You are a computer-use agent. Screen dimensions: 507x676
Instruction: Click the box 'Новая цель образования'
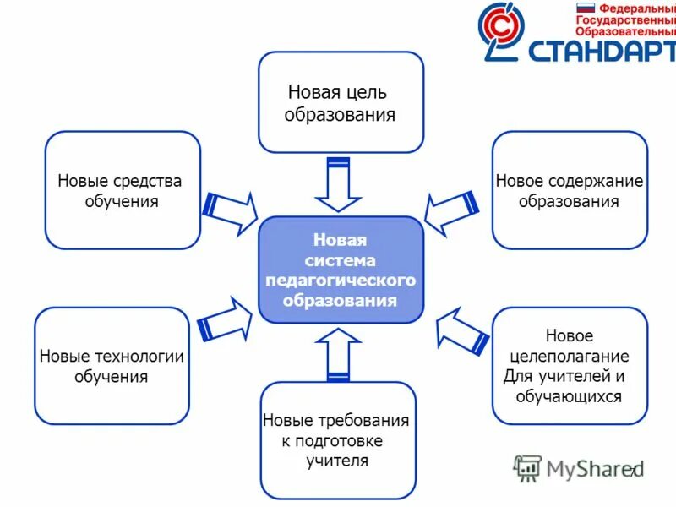coord(341,101)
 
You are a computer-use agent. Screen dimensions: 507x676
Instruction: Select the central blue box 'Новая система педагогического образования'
coord(341,270)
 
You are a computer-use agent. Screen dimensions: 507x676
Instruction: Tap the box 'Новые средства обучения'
coord(123,190)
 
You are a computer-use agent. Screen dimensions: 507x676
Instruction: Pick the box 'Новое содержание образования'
coord(570,190)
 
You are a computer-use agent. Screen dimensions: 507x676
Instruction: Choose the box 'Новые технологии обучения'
coord(112,366)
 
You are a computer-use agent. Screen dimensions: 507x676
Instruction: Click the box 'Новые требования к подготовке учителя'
coord(338,440)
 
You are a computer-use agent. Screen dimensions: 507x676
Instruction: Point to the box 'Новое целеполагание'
coord(570,366)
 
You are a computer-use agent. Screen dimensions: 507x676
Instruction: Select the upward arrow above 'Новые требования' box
coord(338,355)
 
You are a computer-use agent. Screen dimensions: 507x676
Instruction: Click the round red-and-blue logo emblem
coord(504,31)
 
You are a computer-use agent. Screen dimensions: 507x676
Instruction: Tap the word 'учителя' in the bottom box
coord(337,461)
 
